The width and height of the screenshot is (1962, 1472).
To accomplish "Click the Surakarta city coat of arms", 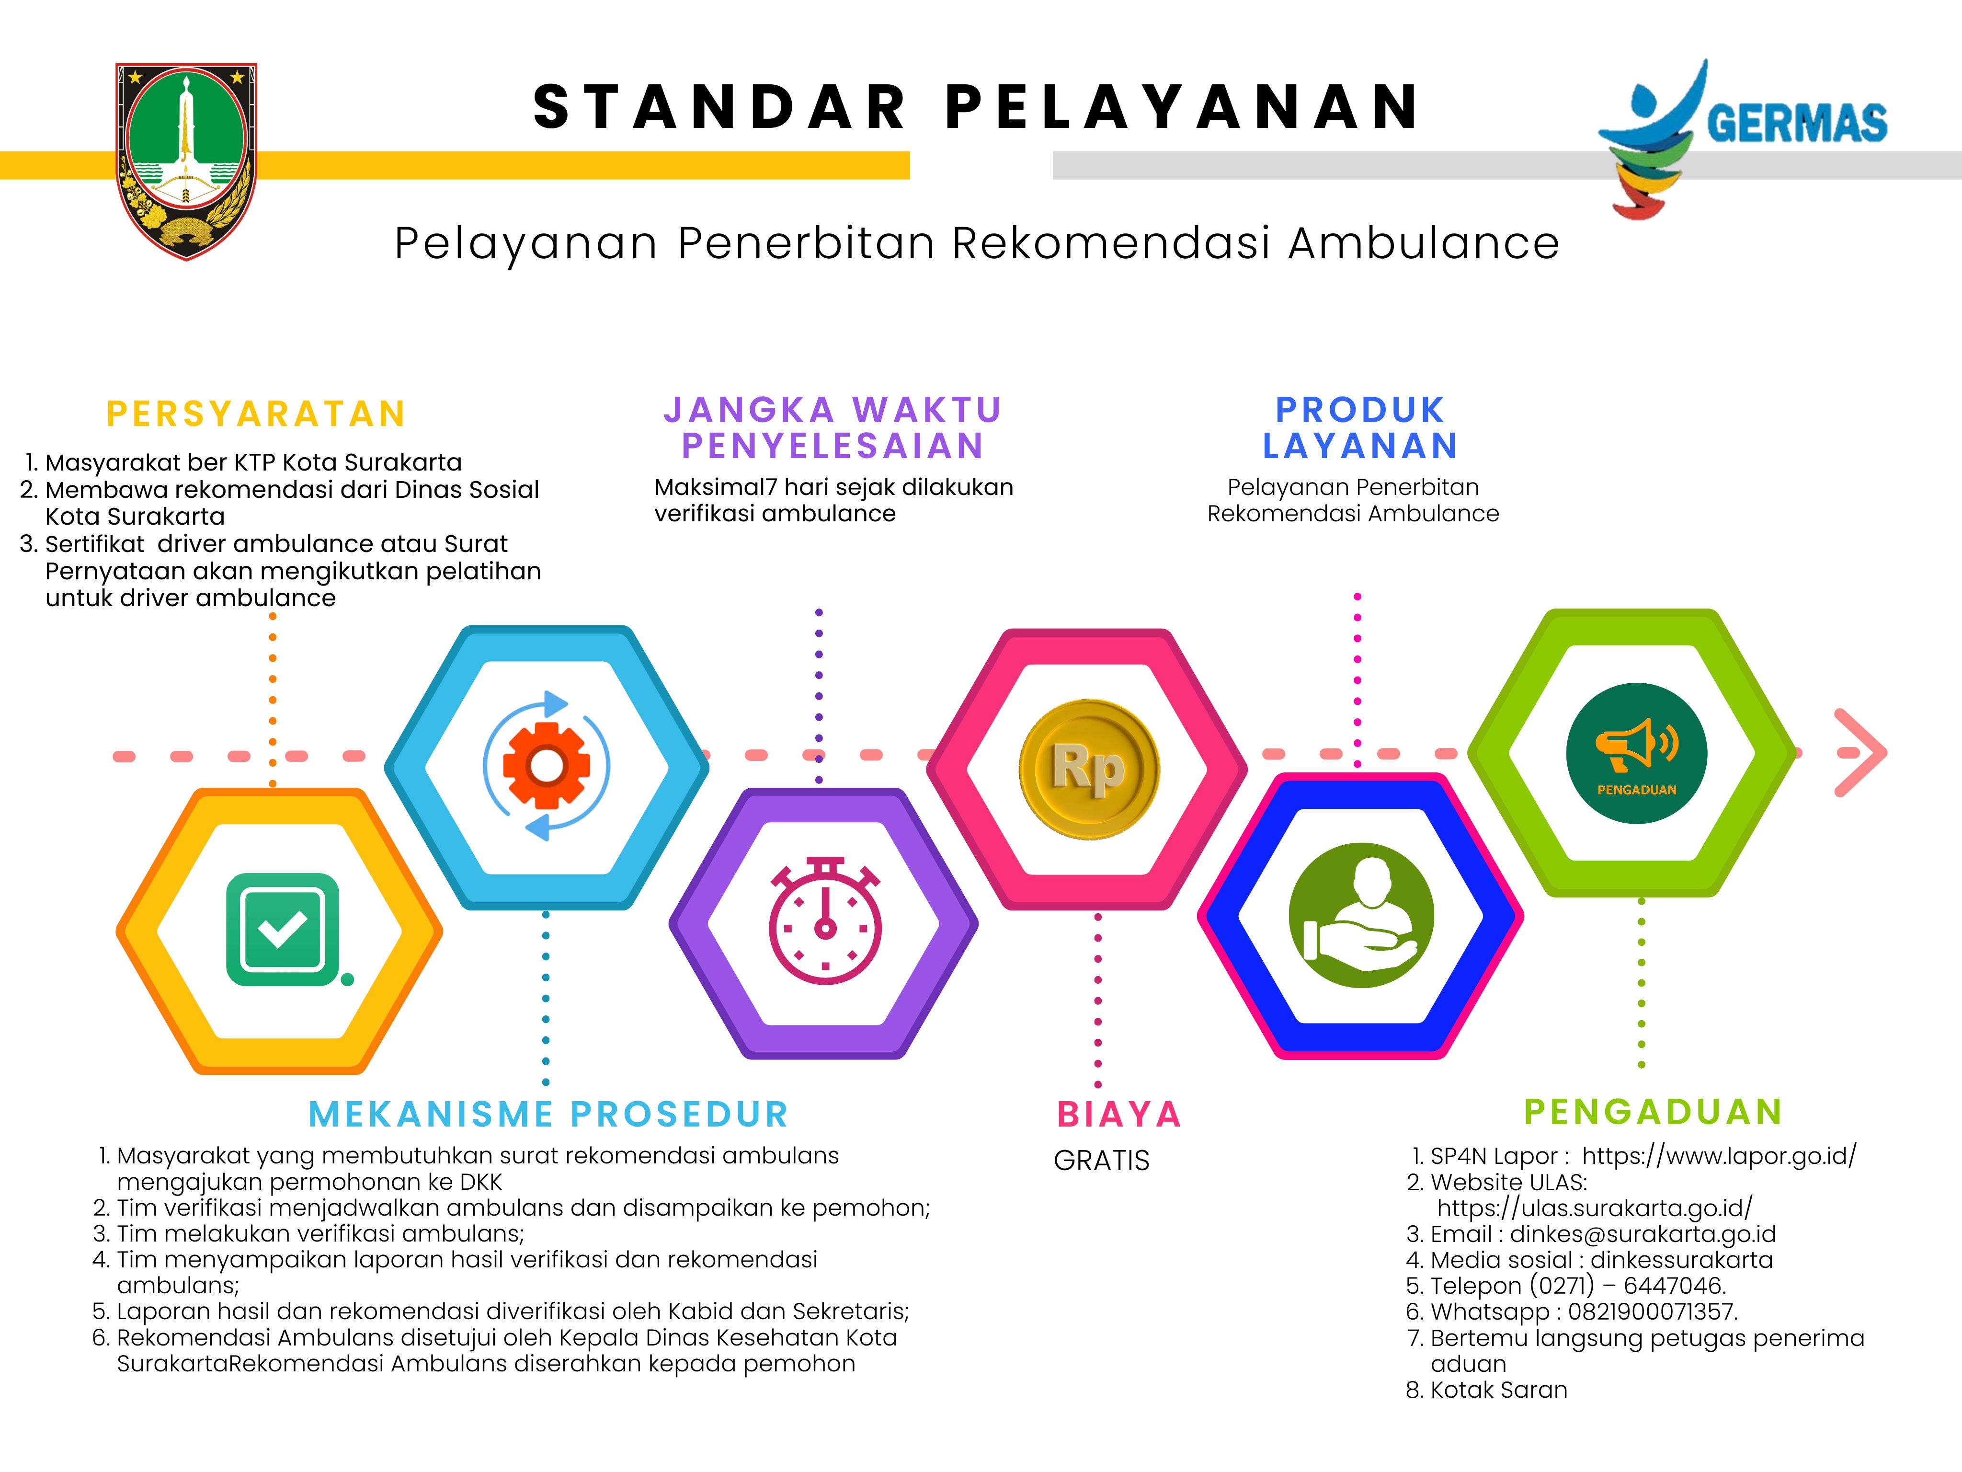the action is click(x=186, y=161).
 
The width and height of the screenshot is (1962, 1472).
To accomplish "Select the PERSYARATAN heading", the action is click(x=256, y=414).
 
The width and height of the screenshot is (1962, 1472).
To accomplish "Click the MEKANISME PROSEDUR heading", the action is click(x=548, y=1115).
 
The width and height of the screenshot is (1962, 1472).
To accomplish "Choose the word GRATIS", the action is click(x=1102, y=1161).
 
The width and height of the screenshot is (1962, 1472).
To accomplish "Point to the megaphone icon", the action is click(x=1636, y=744).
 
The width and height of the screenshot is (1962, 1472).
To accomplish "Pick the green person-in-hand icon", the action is click(x=1361, y=915).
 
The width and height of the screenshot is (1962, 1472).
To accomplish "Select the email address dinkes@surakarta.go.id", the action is click(x=1643, y=1234).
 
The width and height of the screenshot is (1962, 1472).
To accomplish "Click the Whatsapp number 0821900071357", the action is click(x=1652, y=1311).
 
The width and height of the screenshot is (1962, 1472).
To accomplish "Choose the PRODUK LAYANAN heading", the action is click(x=1361, y=428).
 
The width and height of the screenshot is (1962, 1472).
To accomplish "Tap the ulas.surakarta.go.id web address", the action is click(x=1595, y=1207).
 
